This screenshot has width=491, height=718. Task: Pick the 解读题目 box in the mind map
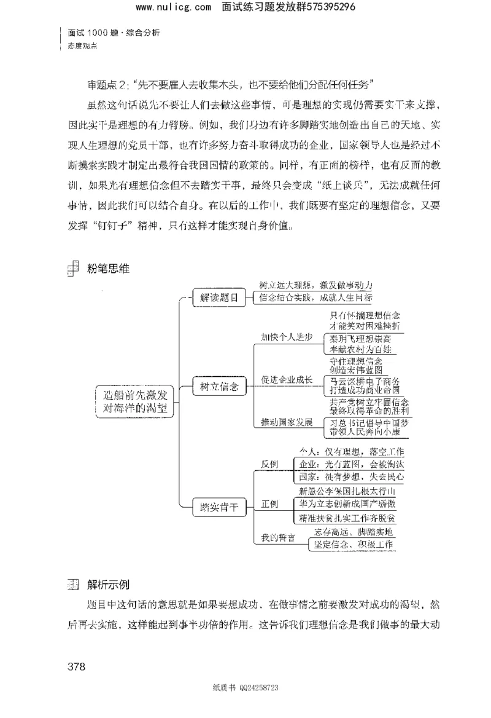coord(218,298)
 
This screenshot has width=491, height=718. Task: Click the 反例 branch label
coord(270,463)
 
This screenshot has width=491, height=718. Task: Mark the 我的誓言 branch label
coord(278,538)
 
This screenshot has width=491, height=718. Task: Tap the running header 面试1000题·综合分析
coord(114,33)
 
